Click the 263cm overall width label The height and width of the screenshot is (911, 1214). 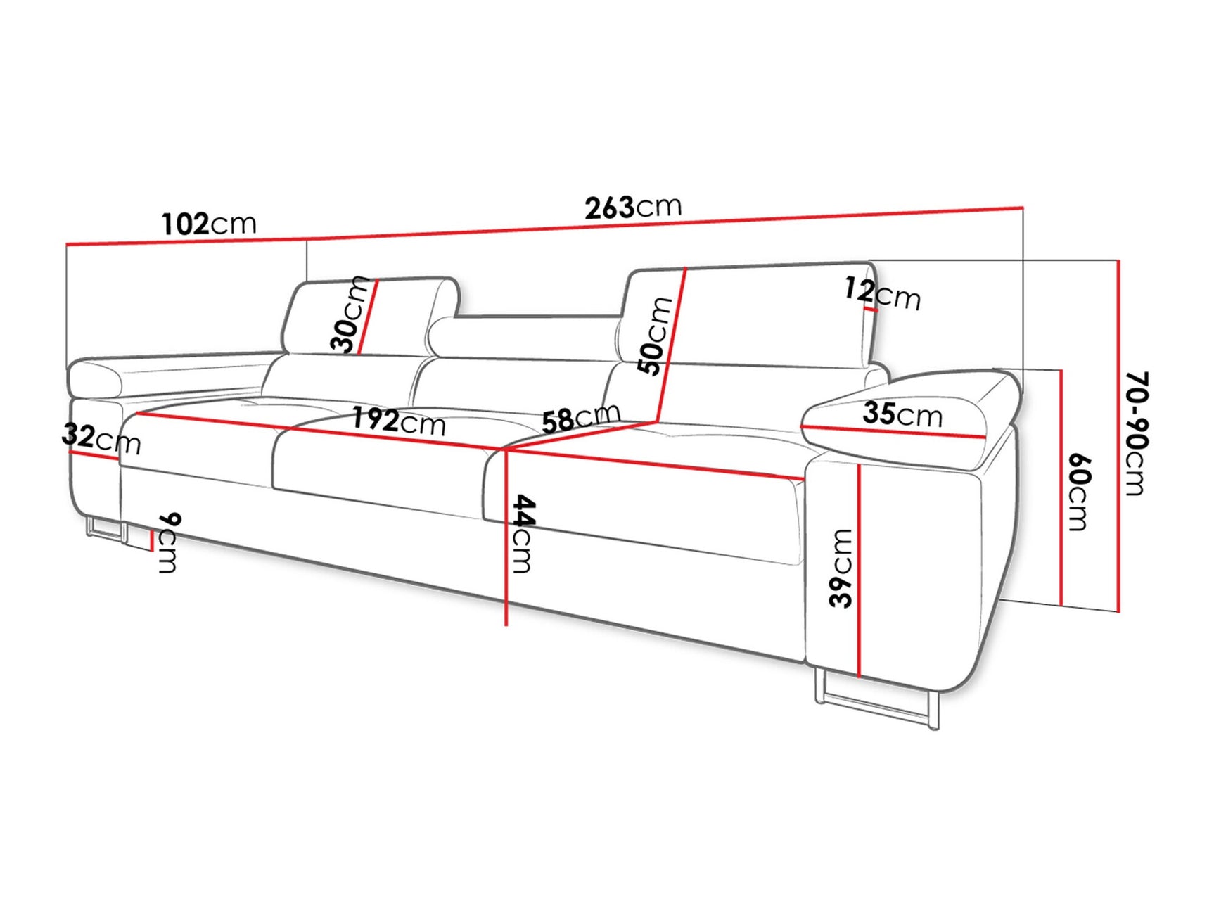pyautogui.click(x=633, y=208)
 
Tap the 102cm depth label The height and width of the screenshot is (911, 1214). pyautogui.click(x=209, y=224)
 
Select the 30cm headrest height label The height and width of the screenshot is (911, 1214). pyautogui.click(x=350, y=314)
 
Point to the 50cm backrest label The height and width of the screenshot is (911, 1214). pyautogui.click(x=654, y=336)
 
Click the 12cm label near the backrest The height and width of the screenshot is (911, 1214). pyautogui.click(x=882, y=293)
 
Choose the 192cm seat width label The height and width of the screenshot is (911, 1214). pyautogui.click(x=398, y=421)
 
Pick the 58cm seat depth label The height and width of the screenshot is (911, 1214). pyautogui.click(x=581, y=419)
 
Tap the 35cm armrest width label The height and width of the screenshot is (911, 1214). pyautogui.click(x=902, y=414)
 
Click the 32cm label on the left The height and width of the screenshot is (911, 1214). pyautogui.click(x=101, y=439)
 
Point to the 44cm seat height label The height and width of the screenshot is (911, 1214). pyautogui.click(x=523, y=533)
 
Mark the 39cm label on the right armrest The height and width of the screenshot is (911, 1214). pyautogui.click(x=841, y=568)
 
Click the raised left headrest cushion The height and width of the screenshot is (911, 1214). pyautogui.click(x=366, y=317)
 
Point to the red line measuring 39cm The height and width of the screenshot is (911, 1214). pyautogui.click(x=860, y=570)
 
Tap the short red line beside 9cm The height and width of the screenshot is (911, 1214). pyautogui.click(x=152, y=540)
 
